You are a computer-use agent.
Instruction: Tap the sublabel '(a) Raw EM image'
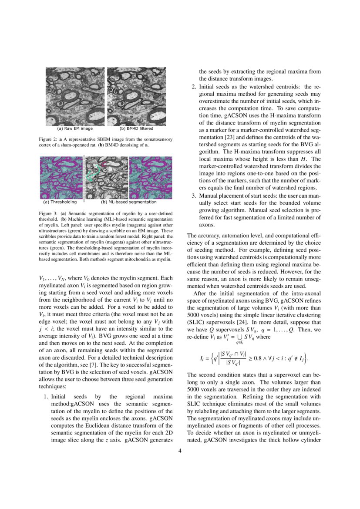[x=75, y=129]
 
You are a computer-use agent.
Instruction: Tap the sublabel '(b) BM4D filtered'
[x=136, y=129]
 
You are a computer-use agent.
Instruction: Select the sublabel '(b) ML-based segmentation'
[x=128, y=202]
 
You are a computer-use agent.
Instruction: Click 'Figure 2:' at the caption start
[x=48, y=139]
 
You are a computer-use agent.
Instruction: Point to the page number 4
[x=180, y=451]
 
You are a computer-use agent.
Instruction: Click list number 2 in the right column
[x=194, y=87]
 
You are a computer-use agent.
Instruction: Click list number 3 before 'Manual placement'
[x=194, y=196]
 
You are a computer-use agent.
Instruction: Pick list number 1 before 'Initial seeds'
[x=45, y=397]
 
